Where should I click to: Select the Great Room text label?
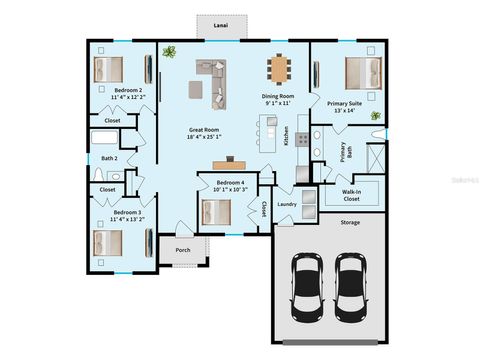pyautogui.click(x=204, y=133)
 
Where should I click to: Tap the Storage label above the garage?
pyautogui.click(x=349, y=223)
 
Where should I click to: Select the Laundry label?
pyautogui.click(x=288, y=205)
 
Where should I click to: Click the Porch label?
pyautogui.click(x=183, y=250)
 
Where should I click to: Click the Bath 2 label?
pyautogui.click(x=110, y=158)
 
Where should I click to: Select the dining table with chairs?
pyautogui.click(x=279, y=68)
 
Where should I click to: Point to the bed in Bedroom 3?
pyautogui.click(x=107, y=243)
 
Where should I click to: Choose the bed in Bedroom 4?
pyautogui.click(x=216, y=211)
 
